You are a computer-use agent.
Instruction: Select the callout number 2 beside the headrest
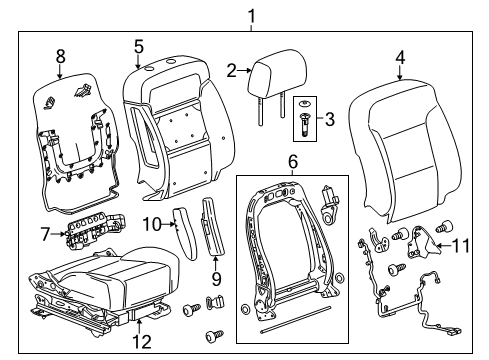[x=231, y=70]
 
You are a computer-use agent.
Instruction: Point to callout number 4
[x=400, y=58]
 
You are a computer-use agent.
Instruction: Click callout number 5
[x=138, y=46]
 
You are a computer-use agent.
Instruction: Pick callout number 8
[x=60, y=57]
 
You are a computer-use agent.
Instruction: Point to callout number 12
[x=142, y=342]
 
